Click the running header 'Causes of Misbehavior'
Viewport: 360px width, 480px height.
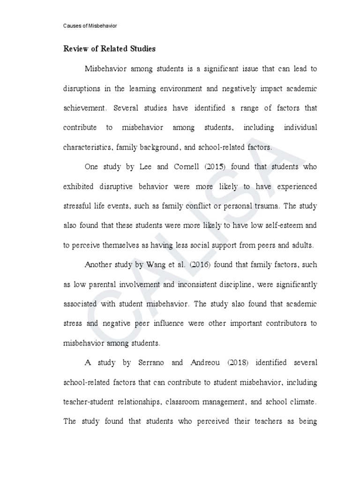pyautogui.click(x=90, y=26)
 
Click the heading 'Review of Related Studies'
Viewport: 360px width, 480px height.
pyautogui.click(x=109, y=49)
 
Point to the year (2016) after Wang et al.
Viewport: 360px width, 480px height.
pyautogui.click(x=198, y=264)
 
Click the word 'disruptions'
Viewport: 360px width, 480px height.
pyautogui.click(x=82, y=88)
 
